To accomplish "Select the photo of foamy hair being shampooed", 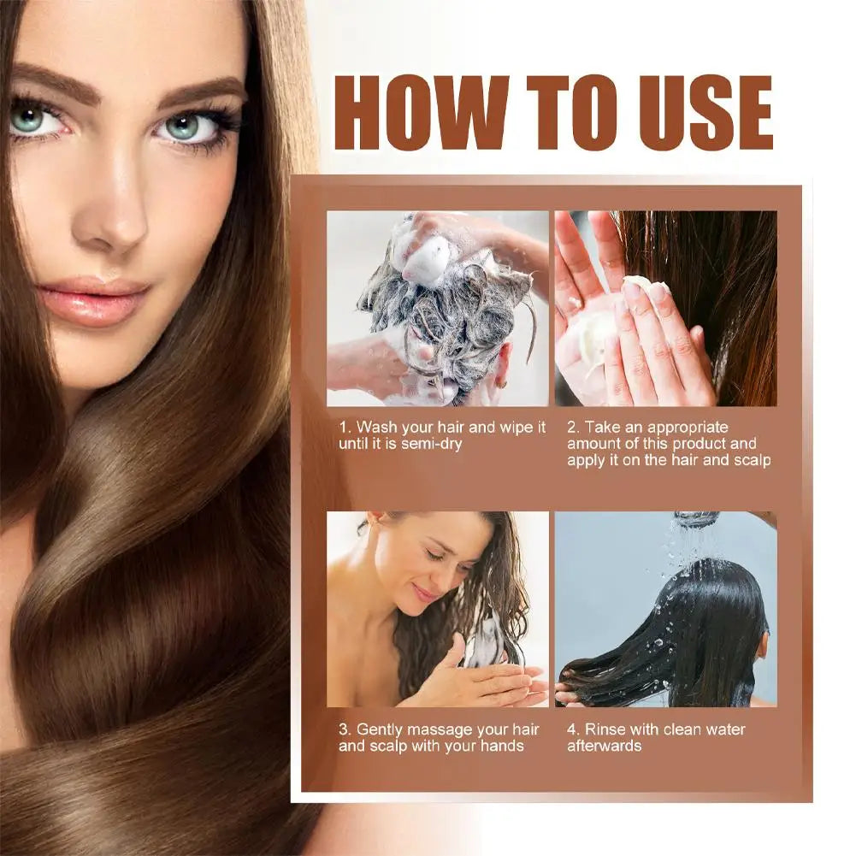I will pyautogui.click(x=437, y=309).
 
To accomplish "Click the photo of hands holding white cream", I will pyautogui.click(x=665, y=309).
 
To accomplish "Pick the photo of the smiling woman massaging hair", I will pyautogui.click(x=437, y=609).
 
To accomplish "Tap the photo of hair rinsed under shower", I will pyautogui.click(x=665, y=609).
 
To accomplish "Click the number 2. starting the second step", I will pyautogui.click(x=573, y=426).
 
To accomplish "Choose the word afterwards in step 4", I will pyautogui.click(x=604, y=746).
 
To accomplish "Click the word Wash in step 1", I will pyautogui.click(x=377, y=426).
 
